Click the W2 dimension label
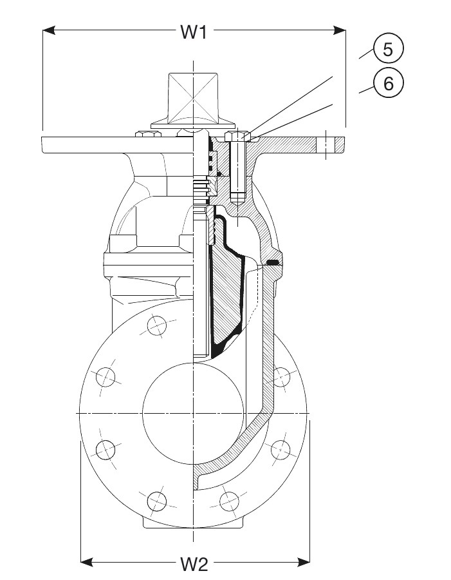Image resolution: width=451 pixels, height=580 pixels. pos(194,565)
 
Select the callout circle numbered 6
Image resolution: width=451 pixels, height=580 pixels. pos(388,83)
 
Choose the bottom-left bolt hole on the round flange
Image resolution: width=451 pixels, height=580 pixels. pos(156,499)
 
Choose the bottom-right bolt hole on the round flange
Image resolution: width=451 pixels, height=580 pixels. pos(229,499)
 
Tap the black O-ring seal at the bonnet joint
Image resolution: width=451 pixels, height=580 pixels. pos(273,262)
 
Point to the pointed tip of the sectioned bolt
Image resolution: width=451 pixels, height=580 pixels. pos(237,199)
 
